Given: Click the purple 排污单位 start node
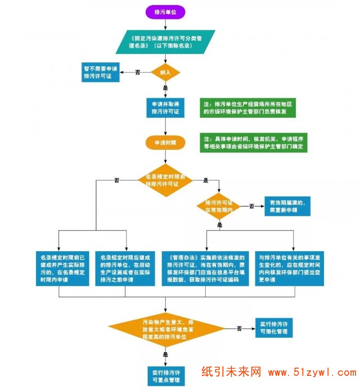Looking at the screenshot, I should coord(166,13).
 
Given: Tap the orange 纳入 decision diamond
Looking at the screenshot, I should coord(166,72).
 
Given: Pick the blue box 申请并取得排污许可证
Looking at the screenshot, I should coord(166,108).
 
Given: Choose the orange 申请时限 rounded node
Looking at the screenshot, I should coord(166,143).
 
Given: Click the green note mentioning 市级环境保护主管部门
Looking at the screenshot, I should coord(248,108).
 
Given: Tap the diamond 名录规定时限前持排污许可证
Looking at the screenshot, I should coord(166,180).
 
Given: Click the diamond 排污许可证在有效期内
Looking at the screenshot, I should coord(219,206).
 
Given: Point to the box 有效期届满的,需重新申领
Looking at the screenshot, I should coord(287,206).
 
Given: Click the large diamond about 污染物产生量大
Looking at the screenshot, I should coord(166,329).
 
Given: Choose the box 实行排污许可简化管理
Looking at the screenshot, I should coord(274,329).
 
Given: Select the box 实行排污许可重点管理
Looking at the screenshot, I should coord(166,376).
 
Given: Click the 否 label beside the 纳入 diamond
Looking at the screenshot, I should coord(138,72).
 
